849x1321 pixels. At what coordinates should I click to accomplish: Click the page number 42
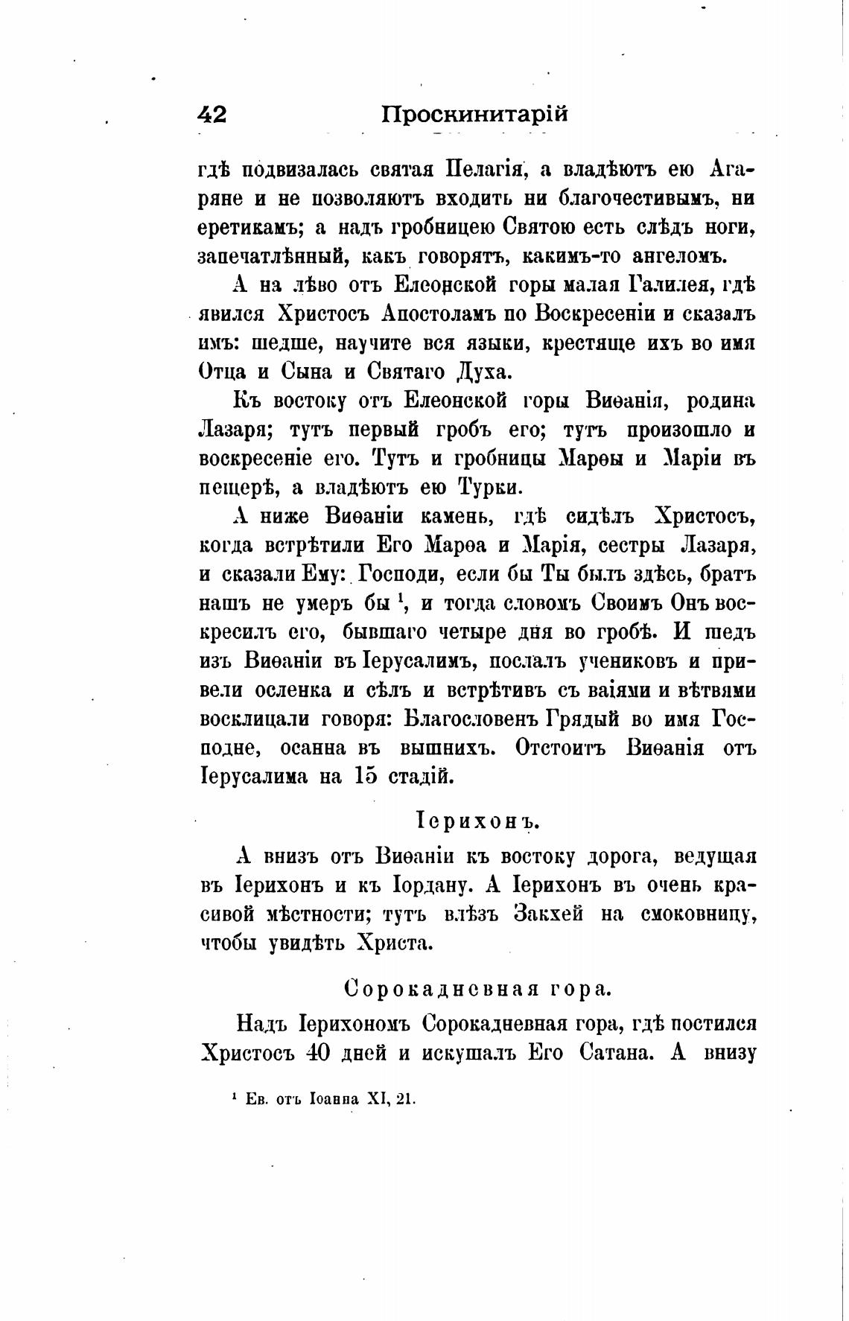[x=212, y=115]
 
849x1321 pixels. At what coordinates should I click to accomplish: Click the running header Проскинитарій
[x=475, y=115]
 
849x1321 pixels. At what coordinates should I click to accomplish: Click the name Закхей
[x=548, y=914]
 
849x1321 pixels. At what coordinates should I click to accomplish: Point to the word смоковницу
[x=698, y=914]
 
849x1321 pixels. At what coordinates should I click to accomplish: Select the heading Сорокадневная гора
[x=477, y=988]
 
